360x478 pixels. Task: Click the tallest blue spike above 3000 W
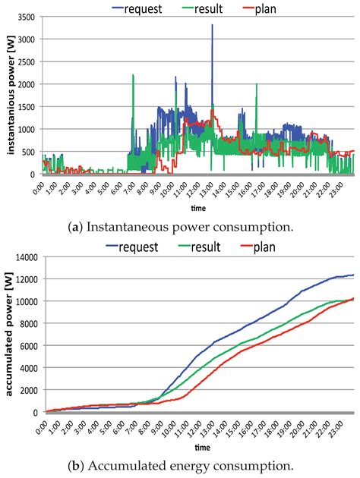(212, 27)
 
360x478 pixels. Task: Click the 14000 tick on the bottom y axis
(27, 258)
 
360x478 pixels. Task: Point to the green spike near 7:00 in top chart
(133, 76)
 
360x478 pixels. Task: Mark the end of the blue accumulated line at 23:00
(353, 275)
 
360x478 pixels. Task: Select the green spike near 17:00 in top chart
(257, 85)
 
